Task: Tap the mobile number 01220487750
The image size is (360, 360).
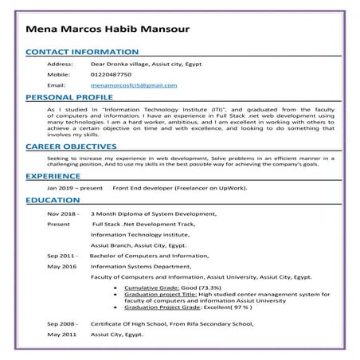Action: tap(112, 73)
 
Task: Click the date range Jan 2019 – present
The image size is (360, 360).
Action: tap(75, 187)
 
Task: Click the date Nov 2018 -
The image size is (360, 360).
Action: tap(63, 214)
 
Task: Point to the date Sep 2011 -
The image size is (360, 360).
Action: tap(63, 255)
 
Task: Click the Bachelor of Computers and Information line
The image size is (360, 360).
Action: tap(150, 255)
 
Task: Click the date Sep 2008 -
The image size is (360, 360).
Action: tap(63, 325)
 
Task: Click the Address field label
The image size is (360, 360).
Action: tap(61, 63)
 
